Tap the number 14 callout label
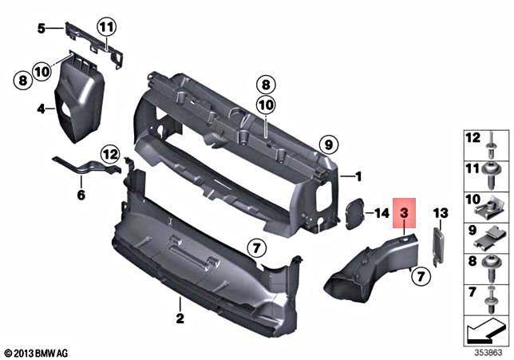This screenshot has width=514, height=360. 381,213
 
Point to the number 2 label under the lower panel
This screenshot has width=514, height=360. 180,319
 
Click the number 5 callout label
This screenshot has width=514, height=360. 42,28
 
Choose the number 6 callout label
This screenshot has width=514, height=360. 80,194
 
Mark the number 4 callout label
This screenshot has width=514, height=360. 40,106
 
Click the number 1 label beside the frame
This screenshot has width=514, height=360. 358,176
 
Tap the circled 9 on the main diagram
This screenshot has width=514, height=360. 325,144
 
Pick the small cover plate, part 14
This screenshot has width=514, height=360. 352,213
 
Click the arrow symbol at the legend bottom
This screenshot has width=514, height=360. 485,328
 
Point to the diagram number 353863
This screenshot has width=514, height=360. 488,350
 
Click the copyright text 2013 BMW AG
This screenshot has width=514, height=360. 37,352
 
